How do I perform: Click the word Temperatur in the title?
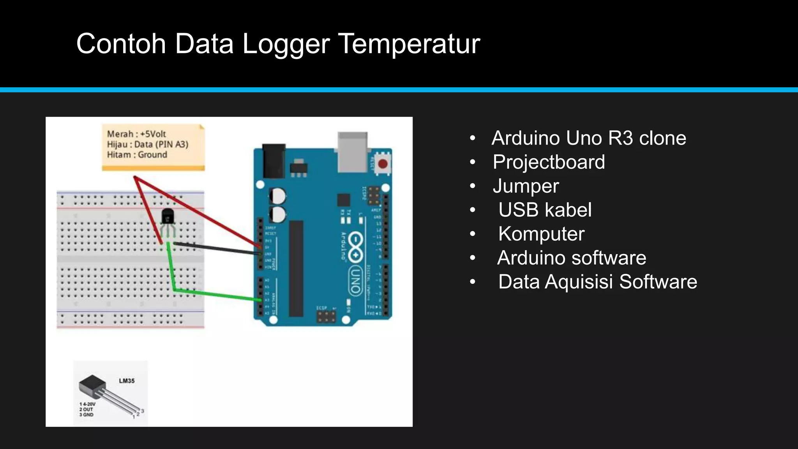coord(409,44)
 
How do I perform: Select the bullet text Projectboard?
coord(549,162)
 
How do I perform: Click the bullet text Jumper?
coord(526,186)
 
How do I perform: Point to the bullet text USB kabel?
coord(545,210)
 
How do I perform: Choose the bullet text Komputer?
coord(541,234)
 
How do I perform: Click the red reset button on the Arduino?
coord(383,164)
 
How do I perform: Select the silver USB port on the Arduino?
coord(352,152)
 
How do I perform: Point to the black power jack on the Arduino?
coord(274,161)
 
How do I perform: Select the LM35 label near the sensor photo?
coord(127,381)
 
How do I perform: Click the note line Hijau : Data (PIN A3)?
coord(147,145)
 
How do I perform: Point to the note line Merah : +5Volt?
coord(136,134)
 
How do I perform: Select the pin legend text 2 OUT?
coord(87,409)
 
